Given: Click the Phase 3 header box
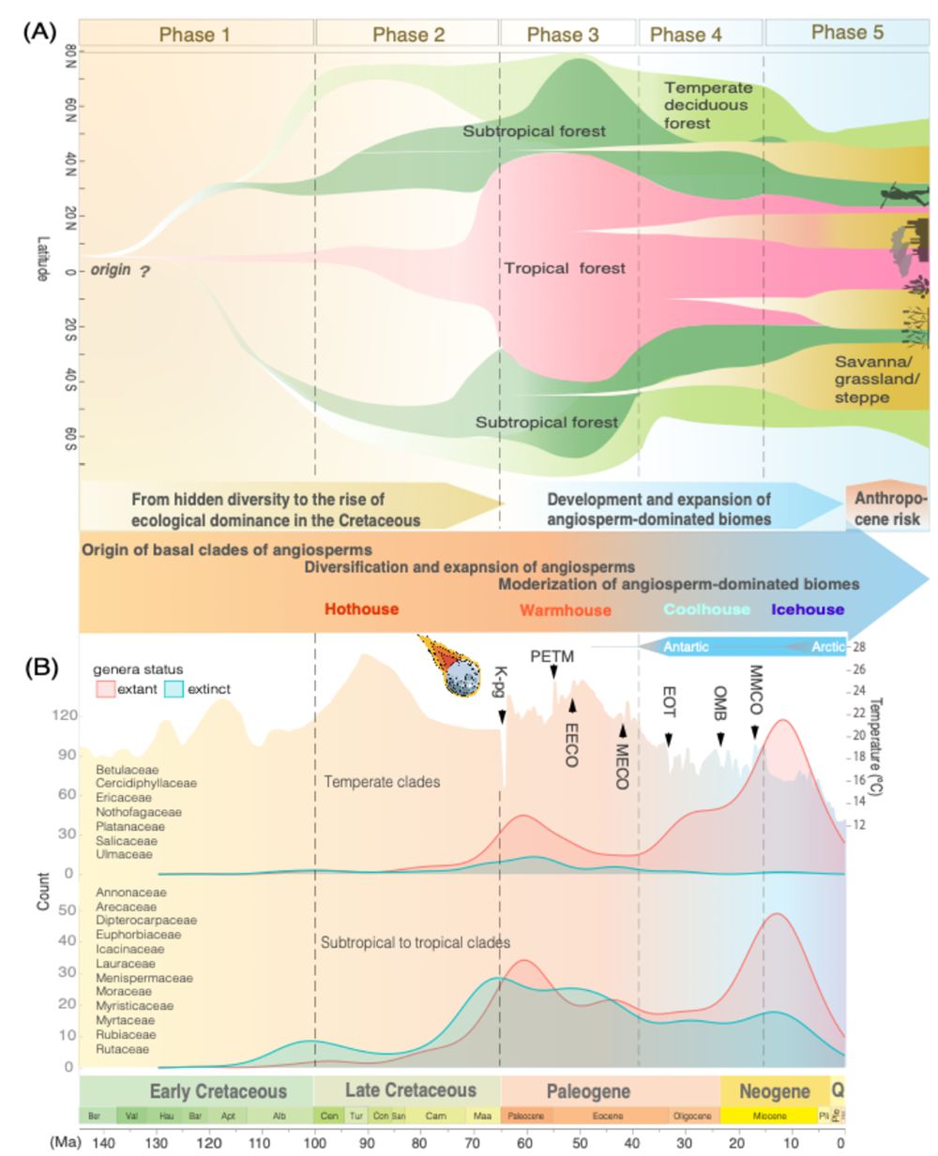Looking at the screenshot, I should (563, 35).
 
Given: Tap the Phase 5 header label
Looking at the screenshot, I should (847, 33).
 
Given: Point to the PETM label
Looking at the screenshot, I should (552, 656).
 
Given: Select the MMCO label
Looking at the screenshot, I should (756, 690).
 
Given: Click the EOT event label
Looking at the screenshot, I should (669, 701).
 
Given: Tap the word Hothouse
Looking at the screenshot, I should (361, 609).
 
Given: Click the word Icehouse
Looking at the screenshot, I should (808, 609).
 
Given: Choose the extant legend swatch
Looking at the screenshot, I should (105, 689).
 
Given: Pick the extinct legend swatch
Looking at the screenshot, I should (174, 689).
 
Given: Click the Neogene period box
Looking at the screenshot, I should (775, 1091).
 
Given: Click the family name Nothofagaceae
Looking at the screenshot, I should (139, 812).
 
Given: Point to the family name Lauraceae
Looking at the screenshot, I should (126, 963).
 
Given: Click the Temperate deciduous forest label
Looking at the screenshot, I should (708, 105).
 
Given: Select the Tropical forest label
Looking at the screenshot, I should (565, 268).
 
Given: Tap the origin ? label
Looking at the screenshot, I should (120, 270).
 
